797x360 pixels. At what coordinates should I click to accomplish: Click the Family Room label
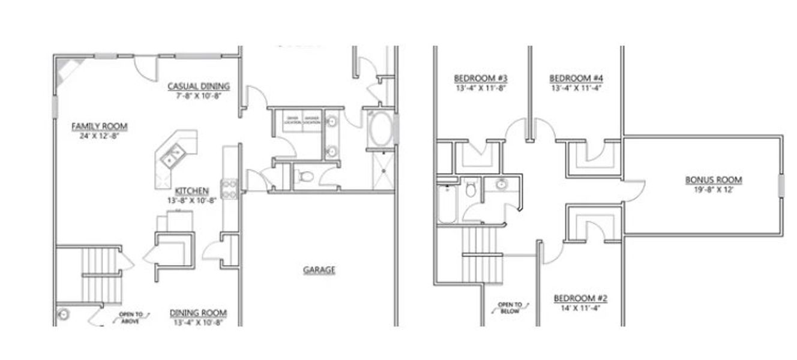[x=100, y=127]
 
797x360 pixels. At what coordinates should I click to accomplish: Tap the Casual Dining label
[x=199, y=86]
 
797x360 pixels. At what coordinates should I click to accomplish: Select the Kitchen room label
[x=192, y=191]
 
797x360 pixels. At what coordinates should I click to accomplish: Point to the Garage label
[x=319, y=270]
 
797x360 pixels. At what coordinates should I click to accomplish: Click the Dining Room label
[x=198, y=313]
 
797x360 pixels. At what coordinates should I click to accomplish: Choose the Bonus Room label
[x=714, y=180]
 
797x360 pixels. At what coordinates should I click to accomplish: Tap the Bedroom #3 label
[x=481, y=79]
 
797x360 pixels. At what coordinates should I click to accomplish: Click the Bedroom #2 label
[x=581, y=299]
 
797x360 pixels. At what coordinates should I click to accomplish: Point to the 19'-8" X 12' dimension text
[x=714, y=190]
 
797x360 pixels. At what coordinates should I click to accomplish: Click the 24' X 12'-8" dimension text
[x=100, y=136]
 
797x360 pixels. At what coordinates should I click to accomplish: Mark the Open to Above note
[x=130, y=317]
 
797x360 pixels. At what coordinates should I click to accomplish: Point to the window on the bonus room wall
[x=781, y=185]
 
